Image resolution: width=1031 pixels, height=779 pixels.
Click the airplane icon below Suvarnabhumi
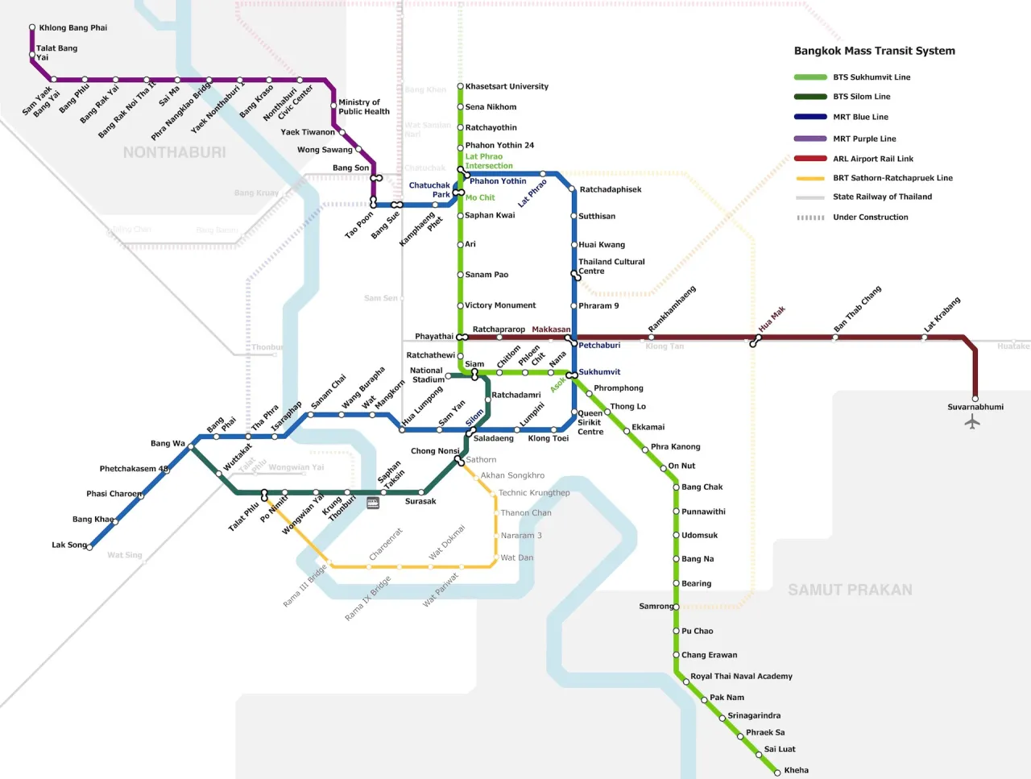pos(972,421)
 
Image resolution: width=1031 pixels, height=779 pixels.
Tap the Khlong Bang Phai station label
pos(72,27)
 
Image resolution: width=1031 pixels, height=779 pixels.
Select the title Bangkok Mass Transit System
pos(874,51)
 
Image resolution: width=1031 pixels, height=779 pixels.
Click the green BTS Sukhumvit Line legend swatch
pos(809,77)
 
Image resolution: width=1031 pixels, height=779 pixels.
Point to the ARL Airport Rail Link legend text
pos(872,159)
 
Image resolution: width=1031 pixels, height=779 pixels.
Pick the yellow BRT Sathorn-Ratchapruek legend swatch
pos(809,178)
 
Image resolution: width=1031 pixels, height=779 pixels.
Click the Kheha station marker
pos(777,772)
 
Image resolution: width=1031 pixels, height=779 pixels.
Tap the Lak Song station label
pos(68,545)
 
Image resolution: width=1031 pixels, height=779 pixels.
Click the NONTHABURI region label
pos(174,152)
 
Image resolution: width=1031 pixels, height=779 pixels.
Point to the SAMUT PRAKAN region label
pos(850,590)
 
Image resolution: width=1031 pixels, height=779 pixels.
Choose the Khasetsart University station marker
pos(460,86)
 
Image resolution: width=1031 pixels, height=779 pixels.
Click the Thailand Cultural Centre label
pos(611,267)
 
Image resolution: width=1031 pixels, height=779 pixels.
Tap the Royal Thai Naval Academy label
pos(741,676)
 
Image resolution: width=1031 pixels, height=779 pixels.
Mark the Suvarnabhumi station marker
pos(975,398)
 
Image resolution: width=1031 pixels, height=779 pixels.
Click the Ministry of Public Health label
pos(363,107)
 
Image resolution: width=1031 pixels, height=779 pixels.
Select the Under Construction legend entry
pos(870,217)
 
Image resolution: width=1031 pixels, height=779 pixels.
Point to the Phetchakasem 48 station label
pos(134,468)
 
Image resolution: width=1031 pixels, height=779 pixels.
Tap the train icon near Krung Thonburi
pos(372,503)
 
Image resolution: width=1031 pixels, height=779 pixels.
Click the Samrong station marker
pos(676,607)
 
